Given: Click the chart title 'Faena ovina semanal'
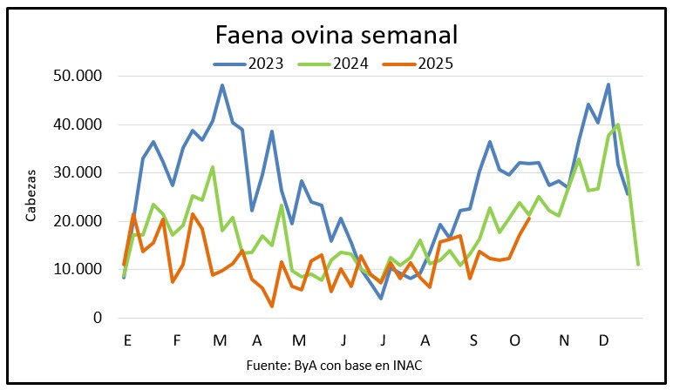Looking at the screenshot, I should coord(336,37).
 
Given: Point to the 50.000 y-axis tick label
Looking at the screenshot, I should coord(77,77).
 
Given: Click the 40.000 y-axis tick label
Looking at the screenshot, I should coord(77,124).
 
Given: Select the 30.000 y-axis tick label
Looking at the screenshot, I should coord(77,173).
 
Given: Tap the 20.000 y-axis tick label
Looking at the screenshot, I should coord(77,221).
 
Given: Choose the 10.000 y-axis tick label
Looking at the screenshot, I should coord(77,270).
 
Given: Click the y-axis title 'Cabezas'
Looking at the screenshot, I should coord(31,198).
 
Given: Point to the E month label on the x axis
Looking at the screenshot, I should coord(128,340).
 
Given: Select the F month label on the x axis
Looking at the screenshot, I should coord(177,340).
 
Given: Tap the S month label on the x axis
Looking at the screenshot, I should coord(472,340).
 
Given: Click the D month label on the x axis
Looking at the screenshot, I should coord(603,340).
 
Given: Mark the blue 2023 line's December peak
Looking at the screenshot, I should coord(608,84).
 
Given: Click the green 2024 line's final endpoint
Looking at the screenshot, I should coord(638,264).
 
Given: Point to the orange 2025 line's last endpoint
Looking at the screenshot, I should coord(529,219).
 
